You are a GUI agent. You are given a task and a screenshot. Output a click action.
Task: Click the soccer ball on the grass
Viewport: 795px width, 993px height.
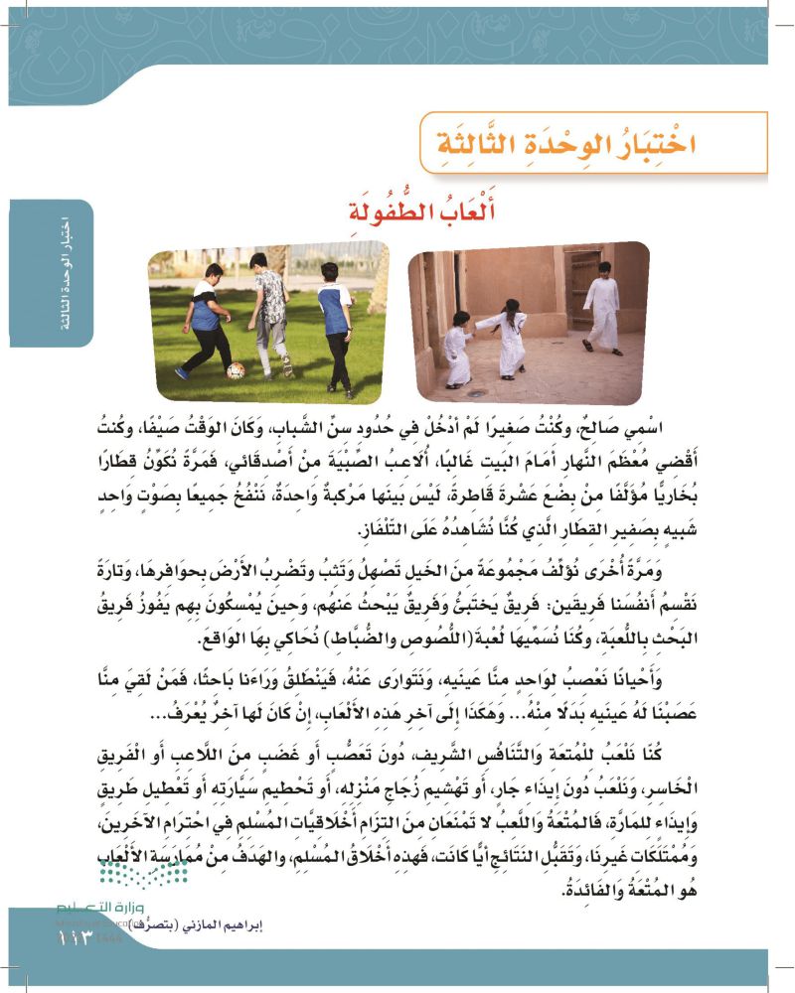tap(237, 370)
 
